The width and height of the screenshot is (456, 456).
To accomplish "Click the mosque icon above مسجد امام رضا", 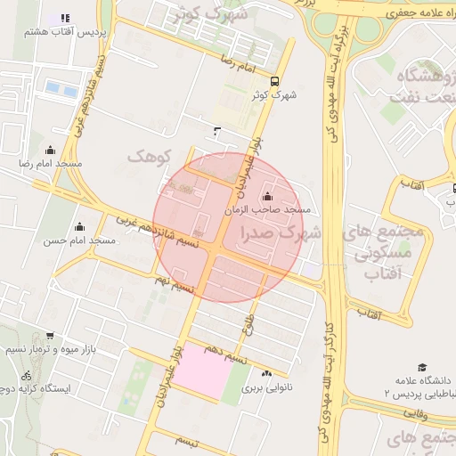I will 50,151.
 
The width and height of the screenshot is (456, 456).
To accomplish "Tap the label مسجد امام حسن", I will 79,240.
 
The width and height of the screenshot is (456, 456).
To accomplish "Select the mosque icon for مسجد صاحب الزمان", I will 268,196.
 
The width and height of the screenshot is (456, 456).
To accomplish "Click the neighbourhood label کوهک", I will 148,157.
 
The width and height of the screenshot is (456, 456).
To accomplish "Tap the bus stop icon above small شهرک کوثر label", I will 274,79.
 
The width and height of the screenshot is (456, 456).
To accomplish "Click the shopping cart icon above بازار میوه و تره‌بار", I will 49,336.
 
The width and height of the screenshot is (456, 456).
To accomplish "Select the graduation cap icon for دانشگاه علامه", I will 422,367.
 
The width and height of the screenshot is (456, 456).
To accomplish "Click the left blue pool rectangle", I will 53,89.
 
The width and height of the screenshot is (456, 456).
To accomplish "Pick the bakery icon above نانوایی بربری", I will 267,373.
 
